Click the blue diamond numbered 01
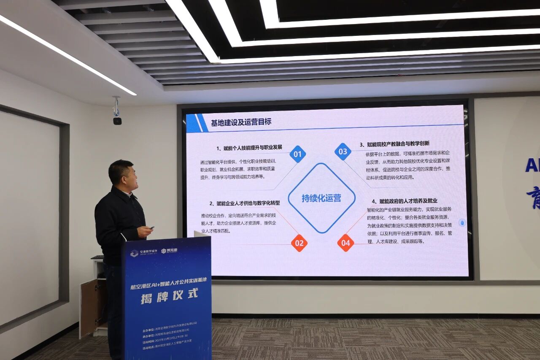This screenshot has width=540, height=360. coord(298,154)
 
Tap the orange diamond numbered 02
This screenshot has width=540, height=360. coord(299,243)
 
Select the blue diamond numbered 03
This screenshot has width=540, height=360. coord(343,152)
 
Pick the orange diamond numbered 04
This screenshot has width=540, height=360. coord(346,243)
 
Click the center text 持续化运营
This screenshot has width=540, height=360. coord(321,198)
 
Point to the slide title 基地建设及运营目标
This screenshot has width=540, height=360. coord(241,122)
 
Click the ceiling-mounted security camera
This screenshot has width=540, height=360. coord(117,120)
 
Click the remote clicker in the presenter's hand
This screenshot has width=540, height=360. coord(151,228)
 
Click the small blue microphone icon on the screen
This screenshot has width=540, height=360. coord(462,223)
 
